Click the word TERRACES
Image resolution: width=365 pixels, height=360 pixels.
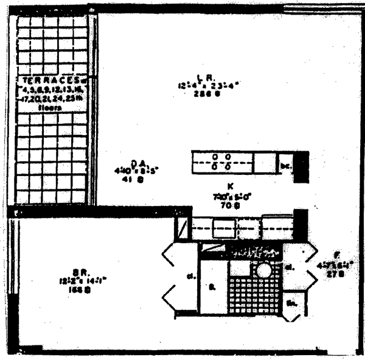47,79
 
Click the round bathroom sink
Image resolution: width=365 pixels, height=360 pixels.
264,270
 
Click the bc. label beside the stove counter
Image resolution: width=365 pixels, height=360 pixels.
283,164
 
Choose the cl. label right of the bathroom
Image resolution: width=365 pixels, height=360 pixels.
291,267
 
